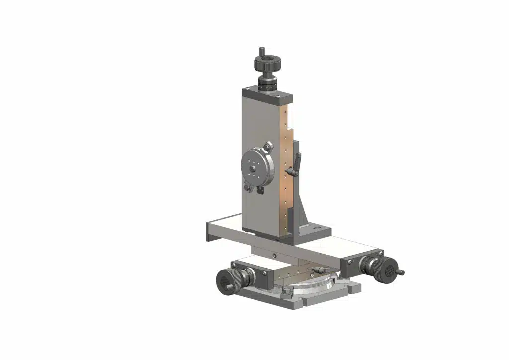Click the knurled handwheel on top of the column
coord(269,63)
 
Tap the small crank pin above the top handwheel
coord(261,51)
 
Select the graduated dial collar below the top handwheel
coord(269,83)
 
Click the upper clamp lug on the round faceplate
coord(268,146)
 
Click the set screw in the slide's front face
coord(275,255)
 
